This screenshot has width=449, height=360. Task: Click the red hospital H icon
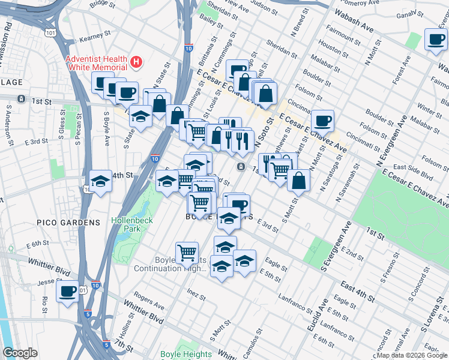pyautogui.click(x=137, y=61)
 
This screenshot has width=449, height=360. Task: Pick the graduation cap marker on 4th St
pyautogui.click(x=100, y=180)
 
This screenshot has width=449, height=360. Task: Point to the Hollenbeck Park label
pyautogui.click(x=132, y=224)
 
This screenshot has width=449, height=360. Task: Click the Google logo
pyautogui.click(x=20, y=353)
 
